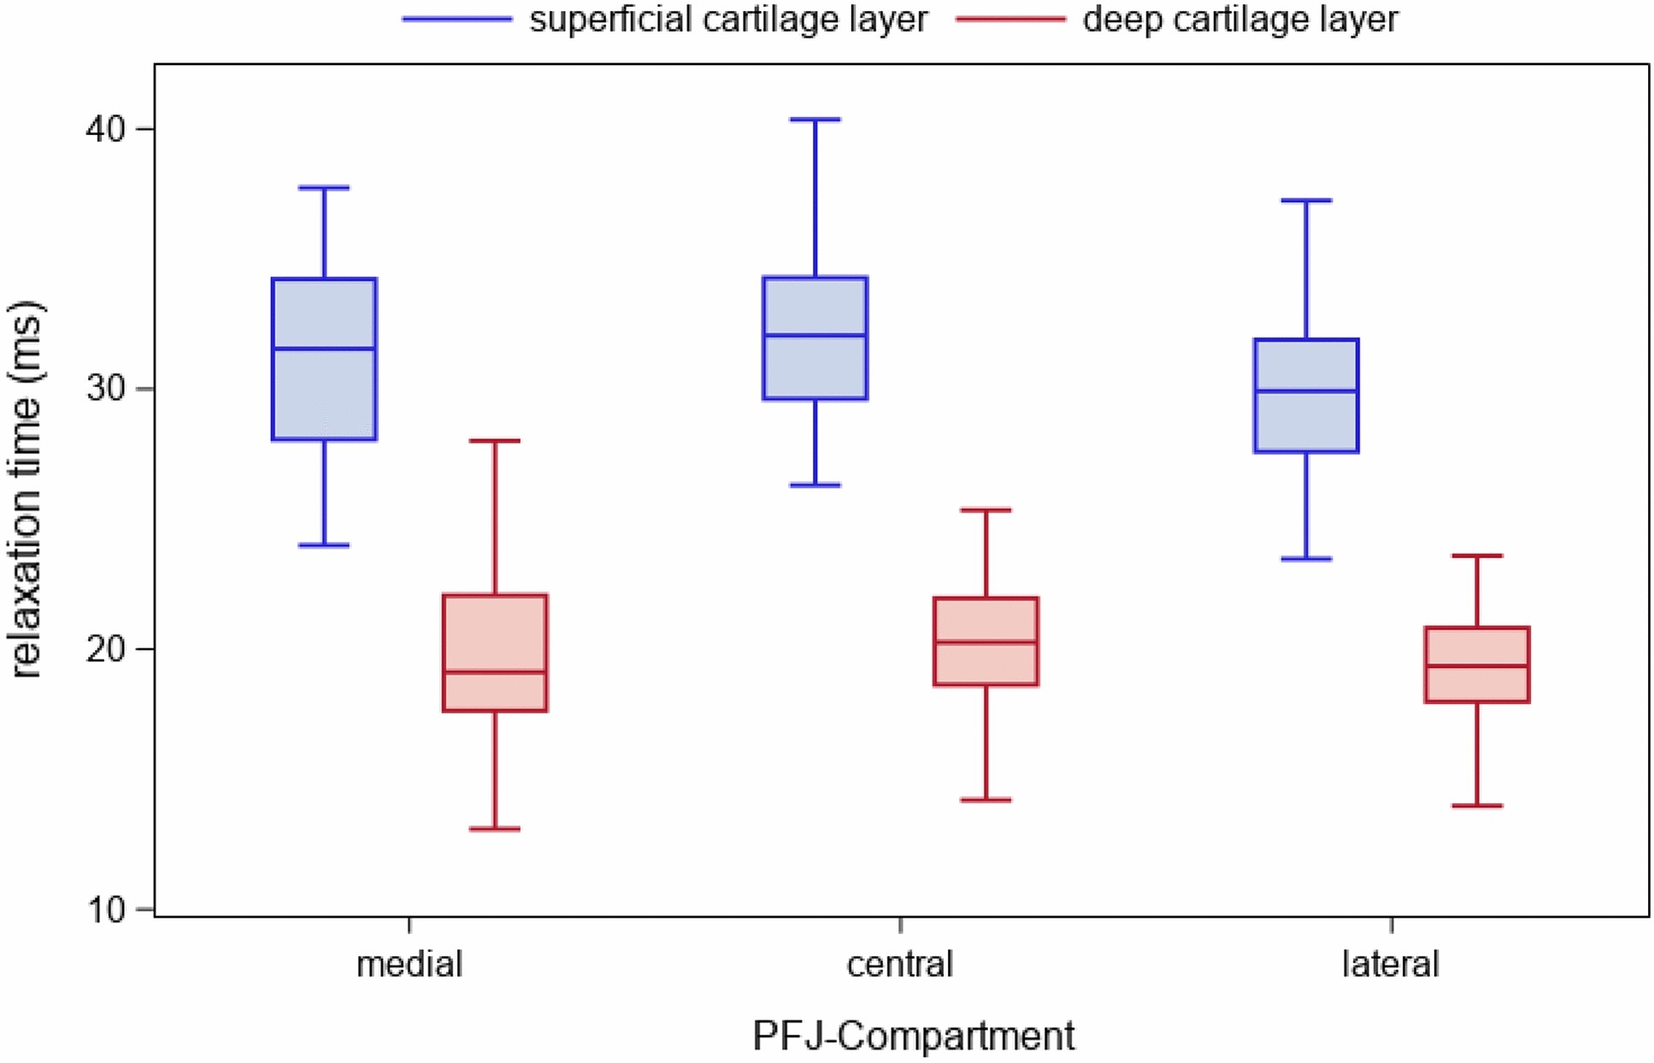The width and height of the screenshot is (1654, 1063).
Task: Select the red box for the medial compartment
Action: tap(495, 632)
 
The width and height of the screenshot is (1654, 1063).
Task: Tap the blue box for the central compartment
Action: tap(815, 367)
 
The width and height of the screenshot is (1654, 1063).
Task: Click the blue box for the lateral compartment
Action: tap(1306, 419)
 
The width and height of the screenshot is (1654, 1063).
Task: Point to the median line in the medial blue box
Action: tap(324, 349)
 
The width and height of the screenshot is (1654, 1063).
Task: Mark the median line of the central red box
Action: tap(986, 642)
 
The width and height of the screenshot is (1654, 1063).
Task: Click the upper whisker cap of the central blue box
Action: tap(815, 120)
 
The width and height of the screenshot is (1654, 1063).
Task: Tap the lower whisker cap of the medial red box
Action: tap(495, 829)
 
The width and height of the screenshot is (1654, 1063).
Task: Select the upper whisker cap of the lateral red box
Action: tap(1477, 555)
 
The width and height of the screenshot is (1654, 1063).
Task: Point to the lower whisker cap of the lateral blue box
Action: tap(1306, 559)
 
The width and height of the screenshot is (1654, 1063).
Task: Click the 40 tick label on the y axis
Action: tap(105, 129)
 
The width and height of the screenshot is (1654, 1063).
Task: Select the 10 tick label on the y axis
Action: tap(105, 909)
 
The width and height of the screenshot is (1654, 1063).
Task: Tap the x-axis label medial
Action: tap(409, 965)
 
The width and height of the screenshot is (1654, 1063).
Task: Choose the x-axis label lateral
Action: tap(1391, 965)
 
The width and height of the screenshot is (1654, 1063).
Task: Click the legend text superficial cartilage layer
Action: tap(728, 20)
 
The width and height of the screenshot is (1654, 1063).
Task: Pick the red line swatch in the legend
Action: tap(1011, 20)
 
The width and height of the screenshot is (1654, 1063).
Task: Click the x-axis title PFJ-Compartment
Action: tap(913, 1037)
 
